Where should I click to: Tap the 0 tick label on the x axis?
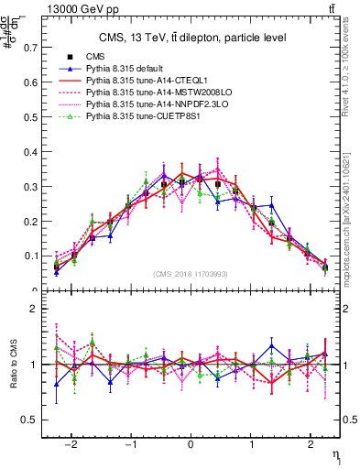(191, 446)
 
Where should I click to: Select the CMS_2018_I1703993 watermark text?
(191, 274)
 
